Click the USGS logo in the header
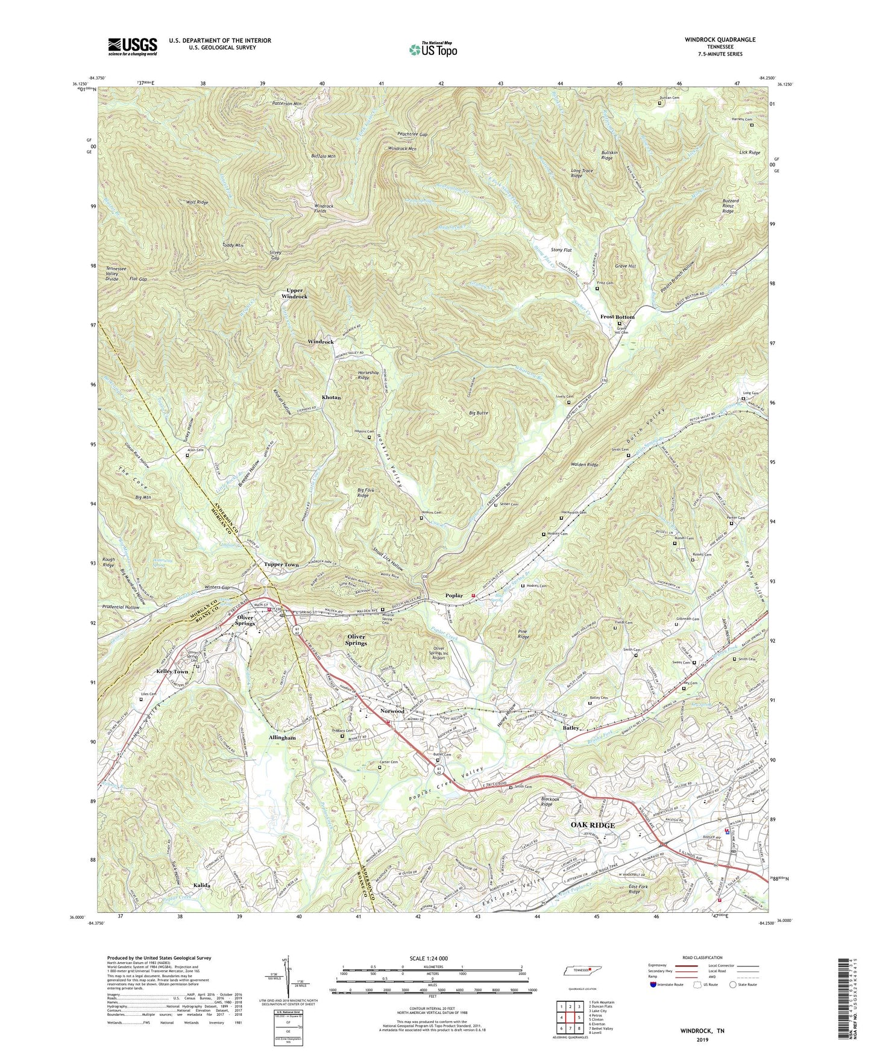[133, 46]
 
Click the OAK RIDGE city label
[593, 825]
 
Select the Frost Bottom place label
[617, 317]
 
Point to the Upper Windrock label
[294, 293]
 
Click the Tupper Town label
[281, 565]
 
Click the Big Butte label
[479, 413]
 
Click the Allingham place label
[280, 737]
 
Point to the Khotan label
[331, 398]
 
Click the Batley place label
[571, 728]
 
